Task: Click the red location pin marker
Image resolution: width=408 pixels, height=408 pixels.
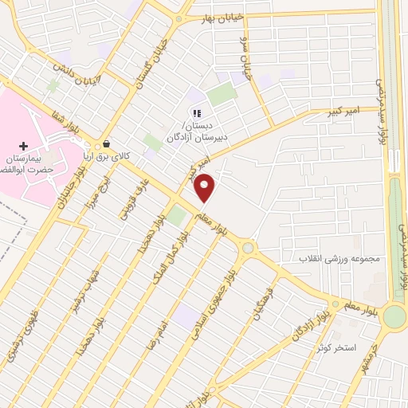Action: pos(205,187)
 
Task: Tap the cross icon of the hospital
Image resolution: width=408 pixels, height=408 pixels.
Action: pos(24,147)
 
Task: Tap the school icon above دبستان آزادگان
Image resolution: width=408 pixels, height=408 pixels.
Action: pos(197,113)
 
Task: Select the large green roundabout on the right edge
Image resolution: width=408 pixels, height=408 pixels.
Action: pos(394,316)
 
